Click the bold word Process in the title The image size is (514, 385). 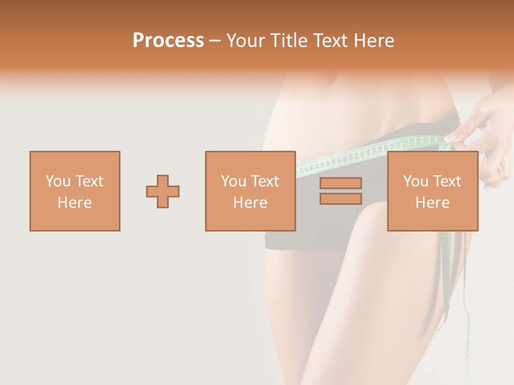pos(168,41)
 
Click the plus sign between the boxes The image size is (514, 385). pos(163,191)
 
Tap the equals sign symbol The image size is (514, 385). pos(341,191)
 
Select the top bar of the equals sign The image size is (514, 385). pos(341,183)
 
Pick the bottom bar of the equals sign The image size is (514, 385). pos(341,199)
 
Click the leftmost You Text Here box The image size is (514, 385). pos(75,191)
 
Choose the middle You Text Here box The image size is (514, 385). pos(251,191)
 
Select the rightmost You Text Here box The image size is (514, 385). pos(433,191)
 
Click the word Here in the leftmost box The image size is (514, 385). pos(75,203)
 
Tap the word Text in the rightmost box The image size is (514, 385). pos(447,181)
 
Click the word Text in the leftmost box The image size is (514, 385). pos(89,181)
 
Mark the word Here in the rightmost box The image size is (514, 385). pos(433,203)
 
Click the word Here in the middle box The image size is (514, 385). pos(251,203)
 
